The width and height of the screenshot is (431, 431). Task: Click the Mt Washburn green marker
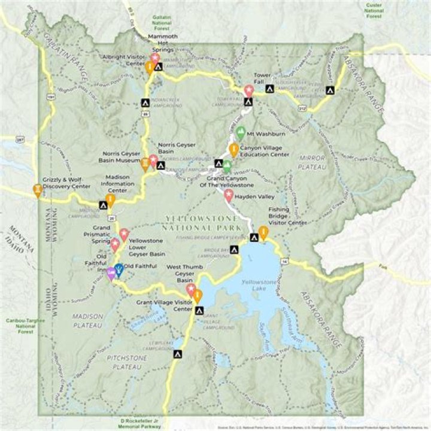(x=241, y=133)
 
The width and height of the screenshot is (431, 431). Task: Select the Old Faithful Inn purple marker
(x=111, y=274)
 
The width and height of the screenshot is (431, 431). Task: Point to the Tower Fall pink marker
(x=248, y=90)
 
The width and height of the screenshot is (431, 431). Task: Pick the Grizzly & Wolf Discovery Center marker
(x=38, y=191)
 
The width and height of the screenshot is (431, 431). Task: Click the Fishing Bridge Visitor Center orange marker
(x=263, y=233)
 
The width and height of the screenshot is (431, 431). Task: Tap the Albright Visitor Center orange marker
(x=148, y=67)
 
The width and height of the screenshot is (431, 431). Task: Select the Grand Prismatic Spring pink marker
(x=114, y=244)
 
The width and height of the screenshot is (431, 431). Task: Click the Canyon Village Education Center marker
(x=234, y=150)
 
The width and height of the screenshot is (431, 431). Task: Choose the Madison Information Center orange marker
(x=110, y=200)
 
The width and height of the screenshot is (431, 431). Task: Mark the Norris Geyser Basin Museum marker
(x=145, y=164)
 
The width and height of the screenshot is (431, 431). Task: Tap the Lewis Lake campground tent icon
(x=177, y=354)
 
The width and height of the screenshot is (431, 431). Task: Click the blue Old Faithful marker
(x=119, y=271)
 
